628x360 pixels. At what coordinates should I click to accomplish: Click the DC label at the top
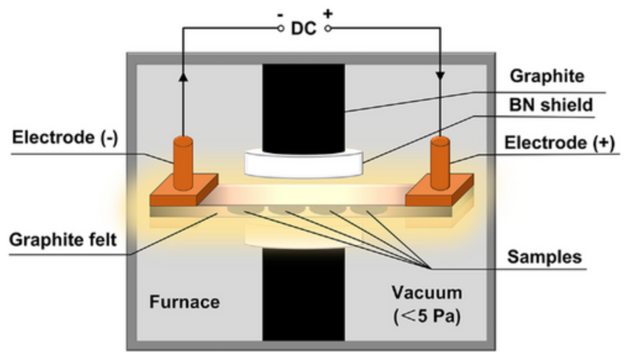[x=304, y=28]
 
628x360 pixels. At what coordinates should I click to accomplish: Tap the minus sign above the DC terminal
[x=281, y=12]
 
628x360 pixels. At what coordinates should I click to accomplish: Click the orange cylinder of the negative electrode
[x=183, y=162]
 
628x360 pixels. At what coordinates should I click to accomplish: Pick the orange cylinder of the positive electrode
[x=439, y=162]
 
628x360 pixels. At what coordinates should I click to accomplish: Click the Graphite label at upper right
[x=546, y=77]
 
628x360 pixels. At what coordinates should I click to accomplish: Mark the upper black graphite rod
[x=303, y=105]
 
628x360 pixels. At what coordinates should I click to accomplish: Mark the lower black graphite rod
[x=303, y=296]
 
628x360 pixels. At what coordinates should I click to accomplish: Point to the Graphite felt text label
[x=62, y=240]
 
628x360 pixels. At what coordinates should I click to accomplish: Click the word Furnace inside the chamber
[x=185, y=302]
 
